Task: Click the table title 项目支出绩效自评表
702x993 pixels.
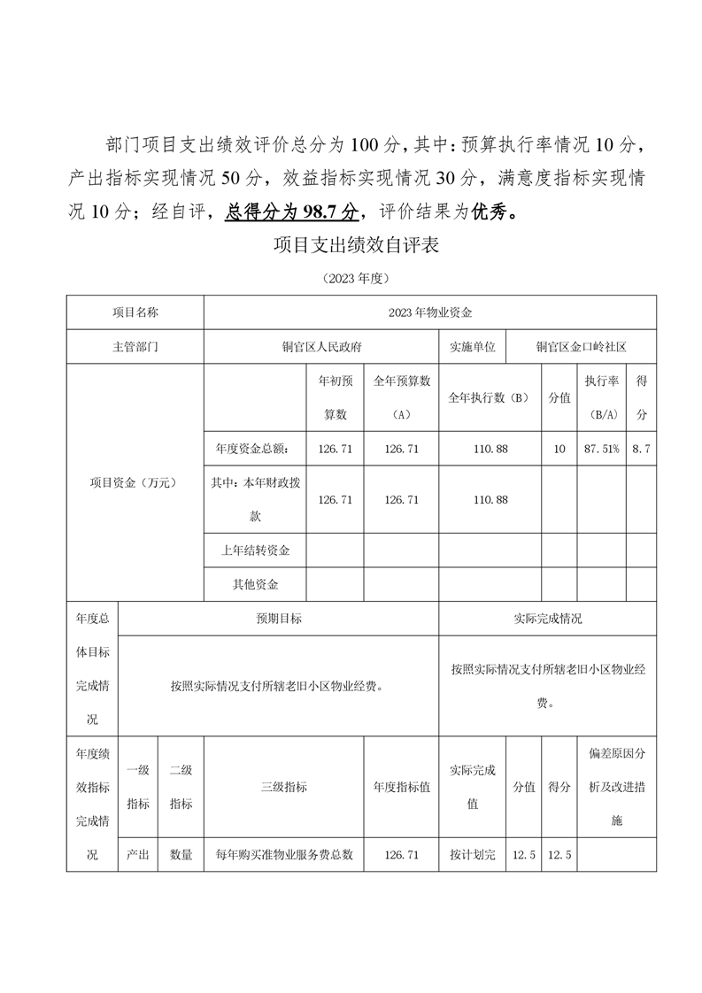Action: pos(357,245)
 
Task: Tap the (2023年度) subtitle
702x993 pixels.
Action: pos(357,278)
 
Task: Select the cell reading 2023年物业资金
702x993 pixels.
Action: pos(430,312)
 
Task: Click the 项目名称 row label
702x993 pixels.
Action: pos(135,312)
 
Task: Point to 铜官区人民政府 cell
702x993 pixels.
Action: pos(321,347)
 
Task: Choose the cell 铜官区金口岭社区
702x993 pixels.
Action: pos(581,347)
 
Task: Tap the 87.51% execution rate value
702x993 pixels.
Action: pos(602,450)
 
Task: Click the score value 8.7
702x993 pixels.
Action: pos(642,450)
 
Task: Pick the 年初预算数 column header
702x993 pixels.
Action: pos(336,397)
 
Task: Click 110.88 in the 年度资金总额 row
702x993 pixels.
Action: pos(490,450)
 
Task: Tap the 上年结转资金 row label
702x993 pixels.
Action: pos(256,551)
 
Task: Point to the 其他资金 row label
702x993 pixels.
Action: pos(256,585)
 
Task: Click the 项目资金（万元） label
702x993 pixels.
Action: pos(135,482)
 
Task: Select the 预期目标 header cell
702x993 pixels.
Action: pos(279,619)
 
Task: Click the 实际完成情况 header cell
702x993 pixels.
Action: pos(548,619)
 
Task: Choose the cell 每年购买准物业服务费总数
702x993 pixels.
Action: pos(284,855)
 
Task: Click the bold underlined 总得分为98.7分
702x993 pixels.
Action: pos(292,212)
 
